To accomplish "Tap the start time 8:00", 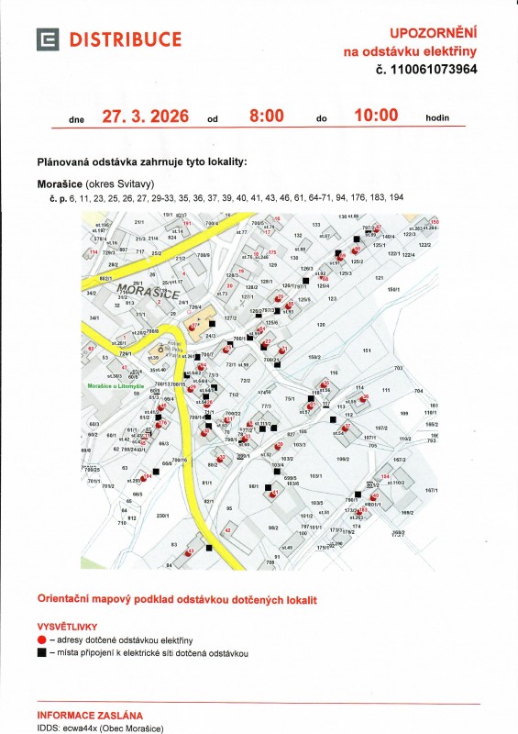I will point(267,117).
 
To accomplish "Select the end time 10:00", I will point(375,116).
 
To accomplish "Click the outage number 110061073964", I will point(433,69).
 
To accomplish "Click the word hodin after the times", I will point(437,118).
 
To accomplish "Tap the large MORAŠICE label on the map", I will point(138,292).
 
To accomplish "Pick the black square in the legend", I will point(42,652).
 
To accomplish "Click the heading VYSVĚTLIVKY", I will point(68,624).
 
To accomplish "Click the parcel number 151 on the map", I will point(367,351).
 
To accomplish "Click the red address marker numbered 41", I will point(274,495).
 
